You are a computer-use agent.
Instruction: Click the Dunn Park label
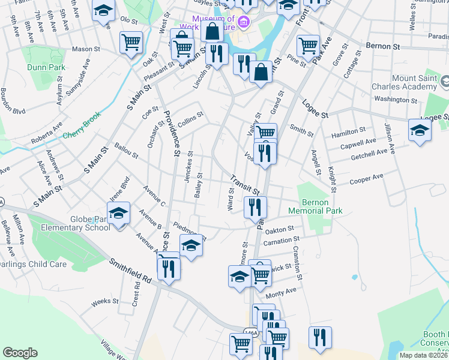(46, 68)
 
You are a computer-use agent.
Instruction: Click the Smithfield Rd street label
(130, 271)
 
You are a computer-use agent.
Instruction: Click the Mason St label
(85, 49)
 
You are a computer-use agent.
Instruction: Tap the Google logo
(20, 353)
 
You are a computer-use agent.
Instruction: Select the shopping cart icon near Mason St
(131, 43)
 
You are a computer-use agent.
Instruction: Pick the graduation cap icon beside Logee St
(420, 130)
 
